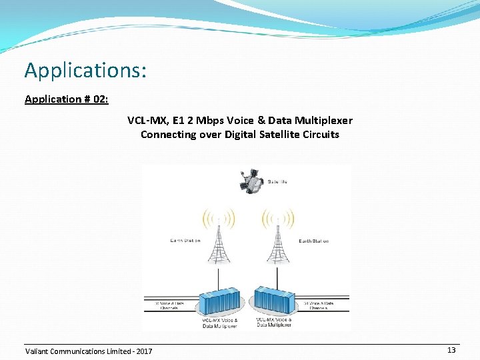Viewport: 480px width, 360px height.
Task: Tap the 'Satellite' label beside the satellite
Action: click(x=277, y=181)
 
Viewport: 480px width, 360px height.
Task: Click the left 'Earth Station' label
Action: click(x=185, y=241)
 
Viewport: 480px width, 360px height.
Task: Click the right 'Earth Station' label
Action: click(x=313, y=241)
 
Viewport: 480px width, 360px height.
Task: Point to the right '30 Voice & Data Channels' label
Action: click(x=318, y=306)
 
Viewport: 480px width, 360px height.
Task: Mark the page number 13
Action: click(x=451, y=350)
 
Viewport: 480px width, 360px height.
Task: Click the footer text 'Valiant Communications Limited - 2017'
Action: click(x=88, y=351)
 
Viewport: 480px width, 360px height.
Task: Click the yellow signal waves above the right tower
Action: click(x=278, y=217)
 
